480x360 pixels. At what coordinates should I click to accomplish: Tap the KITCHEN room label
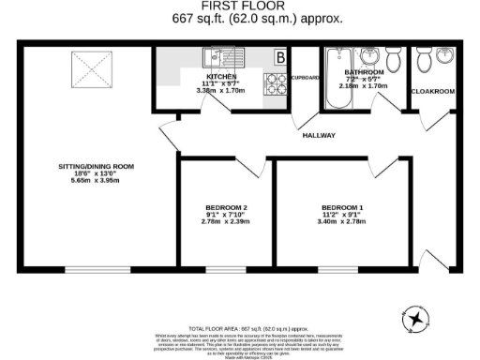click(x=222, y=76)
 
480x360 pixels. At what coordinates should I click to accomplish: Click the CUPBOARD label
click(x=306, y=77)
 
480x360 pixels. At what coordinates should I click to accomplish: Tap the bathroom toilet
click(x=395, y=59)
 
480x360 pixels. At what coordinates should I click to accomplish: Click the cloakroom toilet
click(x=424, y=59)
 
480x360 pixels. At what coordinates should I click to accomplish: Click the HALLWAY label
click(x=319, y=136)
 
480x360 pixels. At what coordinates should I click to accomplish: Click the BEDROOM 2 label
click(x=225, y=206)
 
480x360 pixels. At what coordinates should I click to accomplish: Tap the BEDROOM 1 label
click(x=342, y=206)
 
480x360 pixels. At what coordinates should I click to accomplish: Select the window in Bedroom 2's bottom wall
click(x=225, y=270)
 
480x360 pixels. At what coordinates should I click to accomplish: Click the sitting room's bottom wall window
click(x=97, y=270)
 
